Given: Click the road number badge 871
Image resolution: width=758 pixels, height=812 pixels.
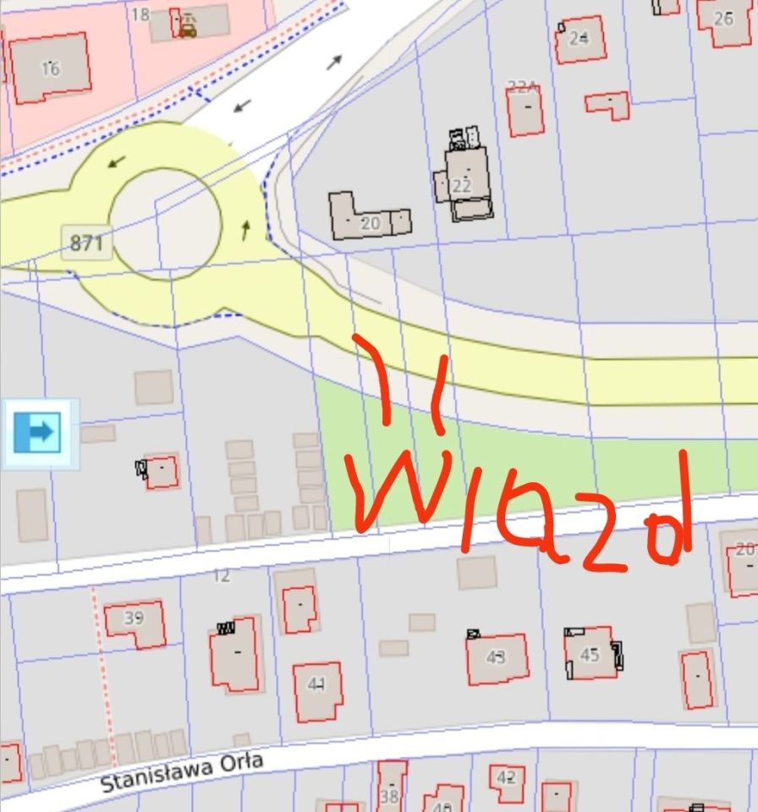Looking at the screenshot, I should pos(86,244).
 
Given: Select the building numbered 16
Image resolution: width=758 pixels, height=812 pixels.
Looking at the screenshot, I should pos(50,68).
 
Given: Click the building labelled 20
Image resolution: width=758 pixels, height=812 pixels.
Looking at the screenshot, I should pos(370,222).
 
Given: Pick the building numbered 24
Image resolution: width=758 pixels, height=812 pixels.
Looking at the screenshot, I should pos(579,39).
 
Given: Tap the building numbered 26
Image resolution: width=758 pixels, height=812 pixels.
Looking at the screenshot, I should pos(723,19).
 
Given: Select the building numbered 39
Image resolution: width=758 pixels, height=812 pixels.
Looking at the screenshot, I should pos(135,623).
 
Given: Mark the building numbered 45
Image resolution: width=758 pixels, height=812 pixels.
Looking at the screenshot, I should pos(590,654).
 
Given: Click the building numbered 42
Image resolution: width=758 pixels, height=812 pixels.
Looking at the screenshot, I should pos(506,780).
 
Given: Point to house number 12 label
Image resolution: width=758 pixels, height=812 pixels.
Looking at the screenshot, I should pos(222,576).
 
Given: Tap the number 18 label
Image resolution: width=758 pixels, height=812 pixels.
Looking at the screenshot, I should pos(140,14).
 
